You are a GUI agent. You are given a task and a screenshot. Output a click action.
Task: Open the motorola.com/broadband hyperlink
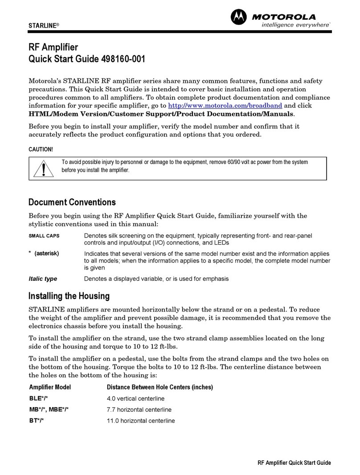click(x=225, y=106)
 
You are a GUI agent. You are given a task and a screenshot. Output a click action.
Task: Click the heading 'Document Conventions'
click(x=72, y=202)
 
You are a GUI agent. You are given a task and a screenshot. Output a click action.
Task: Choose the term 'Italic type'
click(x=43, y=279)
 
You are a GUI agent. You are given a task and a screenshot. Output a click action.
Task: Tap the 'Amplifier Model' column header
click(x=50, y=387)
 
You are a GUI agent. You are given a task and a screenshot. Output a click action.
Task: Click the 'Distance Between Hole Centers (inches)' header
click(x=160, y=387)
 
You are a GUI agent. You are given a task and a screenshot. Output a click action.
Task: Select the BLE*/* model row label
click(x=40, y=398)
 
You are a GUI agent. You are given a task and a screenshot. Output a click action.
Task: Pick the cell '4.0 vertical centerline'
click(x=135, y=398)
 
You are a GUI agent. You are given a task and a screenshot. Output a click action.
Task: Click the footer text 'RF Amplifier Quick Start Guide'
click(x=295, y=463)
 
